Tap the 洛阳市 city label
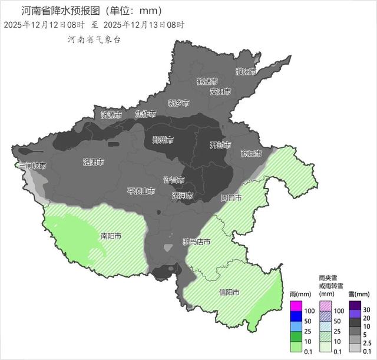tap(94, 161)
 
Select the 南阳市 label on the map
tap(111, 236)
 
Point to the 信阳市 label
tap(229, 293)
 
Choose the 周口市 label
tap(231, 198)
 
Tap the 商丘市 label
tap(252, 153)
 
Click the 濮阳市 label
tap(246, 72)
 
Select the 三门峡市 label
tap(32, 166)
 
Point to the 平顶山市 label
tap(141, 191)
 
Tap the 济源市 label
tap(111, 114)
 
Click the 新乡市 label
tap(178, 103)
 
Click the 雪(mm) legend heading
tap(358, 293)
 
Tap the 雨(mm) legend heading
tap(298, 293)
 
